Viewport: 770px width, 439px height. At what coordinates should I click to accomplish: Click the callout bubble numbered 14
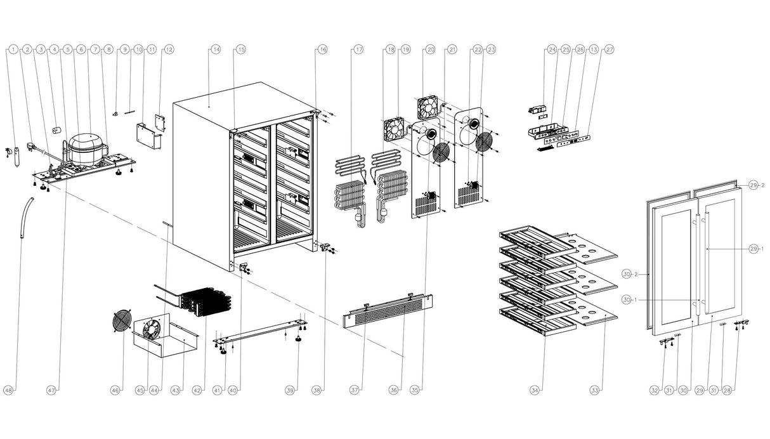coord(216,49)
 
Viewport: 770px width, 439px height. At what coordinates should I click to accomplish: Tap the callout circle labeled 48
coord(8,390)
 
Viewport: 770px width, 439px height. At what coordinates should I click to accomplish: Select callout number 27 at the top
coord(609,49)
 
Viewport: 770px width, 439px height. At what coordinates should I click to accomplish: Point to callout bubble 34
coord(534,390)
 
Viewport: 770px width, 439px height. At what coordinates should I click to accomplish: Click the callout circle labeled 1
coord(13,49)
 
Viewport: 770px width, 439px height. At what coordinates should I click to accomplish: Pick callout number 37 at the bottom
coord(355,390)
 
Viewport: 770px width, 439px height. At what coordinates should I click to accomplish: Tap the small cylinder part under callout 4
coord(56,130)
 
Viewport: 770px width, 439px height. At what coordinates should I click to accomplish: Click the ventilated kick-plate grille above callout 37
coord(388,310)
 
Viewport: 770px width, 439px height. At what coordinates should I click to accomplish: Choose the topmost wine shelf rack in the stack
coord(537,241)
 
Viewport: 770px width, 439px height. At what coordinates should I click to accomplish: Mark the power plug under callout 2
coord(32,147)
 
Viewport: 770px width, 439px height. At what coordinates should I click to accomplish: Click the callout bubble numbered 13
coord(594,49)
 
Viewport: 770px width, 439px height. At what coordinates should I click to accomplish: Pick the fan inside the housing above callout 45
coord(150,329)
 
